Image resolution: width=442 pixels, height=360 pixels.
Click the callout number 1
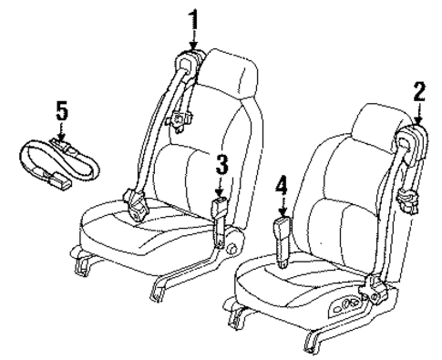coord(192,15)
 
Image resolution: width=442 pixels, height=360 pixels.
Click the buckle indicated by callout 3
coord(221,211)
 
